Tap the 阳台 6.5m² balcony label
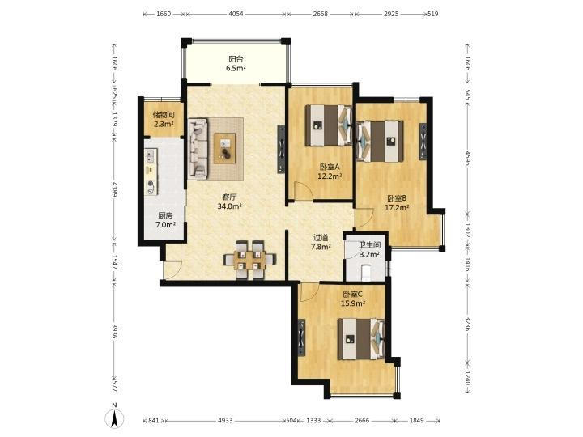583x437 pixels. [236, 64]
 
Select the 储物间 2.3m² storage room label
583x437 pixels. [164, 120]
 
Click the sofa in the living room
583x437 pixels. [198, 149]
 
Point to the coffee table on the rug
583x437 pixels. [224, 149]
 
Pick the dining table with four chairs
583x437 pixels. [249, 260]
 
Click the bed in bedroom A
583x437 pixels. [329, 125]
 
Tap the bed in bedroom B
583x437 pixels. [381, 141]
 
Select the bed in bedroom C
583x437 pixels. [361, 339]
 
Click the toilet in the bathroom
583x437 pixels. [366, 273]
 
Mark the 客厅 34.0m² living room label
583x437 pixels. [230, 202]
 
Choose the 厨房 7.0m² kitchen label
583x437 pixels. [165, 220]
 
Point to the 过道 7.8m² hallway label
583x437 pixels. [321, 242]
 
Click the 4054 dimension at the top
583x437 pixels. [236, 14]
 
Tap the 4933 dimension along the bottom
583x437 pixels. [225, 421]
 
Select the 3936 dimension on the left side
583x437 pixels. [114, 332]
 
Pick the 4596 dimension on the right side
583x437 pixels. [468, 158]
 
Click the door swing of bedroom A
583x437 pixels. [301, 191]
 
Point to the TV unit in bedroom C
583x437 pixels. [301, 337]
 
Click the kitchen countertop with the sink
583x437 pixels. [151, 172]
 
